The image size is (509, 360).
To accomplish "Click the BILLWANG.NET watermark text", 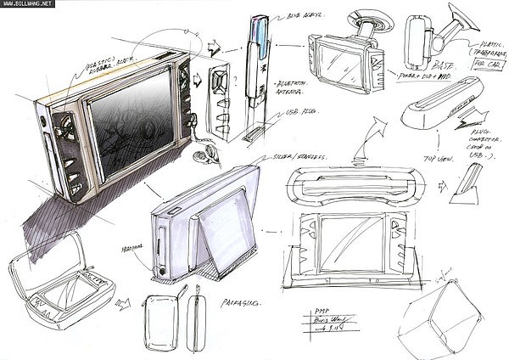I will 26,3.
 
